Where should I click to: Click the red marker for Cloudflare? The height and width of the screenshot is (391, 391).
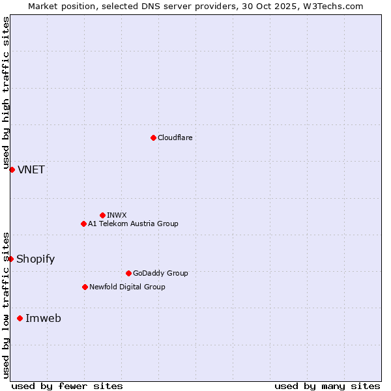[x=153, y=138]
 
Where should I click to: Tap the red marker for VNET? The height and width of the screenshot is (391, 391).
[x=12, y=169]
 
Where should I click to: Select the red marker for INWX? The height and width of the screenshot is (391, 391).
[x=102, y=215]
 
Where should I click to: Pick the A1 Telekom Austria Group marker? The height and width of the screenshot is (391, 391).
[x=83, y=224]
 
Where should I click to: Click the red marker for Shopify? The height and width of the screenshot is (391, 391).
[x=10, y=259]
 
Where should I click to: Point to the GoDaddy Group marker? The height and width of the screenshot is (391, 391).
[x=128, y=273]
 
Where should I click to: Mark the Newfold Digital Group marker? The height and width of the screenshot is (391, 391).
[x=85, y=287]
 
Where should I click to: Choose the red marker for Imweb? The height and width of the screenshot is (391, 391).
[x=20, y=318]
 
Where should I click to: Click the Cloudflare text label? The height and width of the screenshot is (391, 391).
[x=175, y=138]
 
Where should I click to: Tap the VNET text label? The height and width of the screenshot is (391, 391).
[x=31, y=170]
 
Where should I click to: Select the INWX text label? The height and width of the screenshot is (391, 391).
[x=117, y=215]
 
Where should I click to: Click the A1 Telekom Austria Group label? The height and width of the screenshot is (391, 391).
[x=133, y=224]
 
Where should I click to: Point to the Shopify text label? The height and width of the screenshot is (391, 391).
[x=35, y=259]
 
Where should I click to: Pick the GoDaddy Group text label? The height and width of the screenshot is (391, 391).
[x=160, y=273]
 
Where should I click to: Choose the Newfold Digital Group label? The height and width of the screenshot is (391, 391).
[x=127, y=287]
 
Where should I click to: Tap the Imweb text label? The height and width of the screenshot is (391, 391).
[x=43, y=319]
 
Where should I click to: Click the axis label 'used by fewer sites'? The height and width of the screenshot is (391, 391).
[x=67, y=386]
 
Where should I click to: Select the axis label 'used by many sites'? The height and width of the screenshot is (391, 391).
[x=327, y=386]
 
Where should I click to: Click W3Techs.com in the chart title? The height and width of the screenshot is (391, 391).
[x=331, y=6]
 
